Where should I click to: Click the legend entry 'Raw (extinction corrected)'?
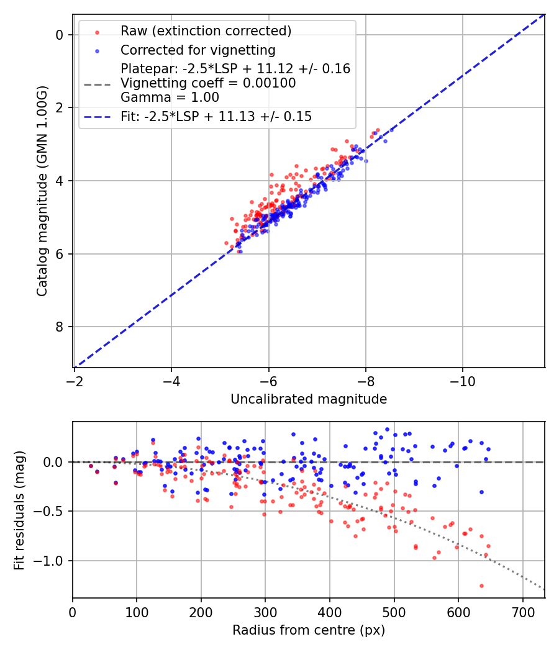[x=206, y=31]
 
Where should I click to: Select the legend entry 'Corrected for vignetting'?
[x=198, y=50]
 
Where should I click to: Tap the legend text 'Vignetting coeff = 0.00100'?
[x=208, y=83]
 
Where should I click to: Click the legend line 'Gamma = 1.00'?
[x=170, y=97]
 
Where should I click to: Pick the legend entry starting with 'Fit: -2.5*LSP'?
[x=216, y=117]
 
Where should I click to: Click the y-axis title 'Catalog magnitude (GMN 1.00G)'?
[x=42, y=190]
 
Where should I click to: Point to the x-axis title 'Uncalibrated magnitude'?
[x=309, y=399]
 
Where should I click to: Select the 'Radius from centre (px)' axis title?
[x=309, y=630]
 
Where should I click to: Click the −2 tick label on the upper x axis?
[x=75, y=379]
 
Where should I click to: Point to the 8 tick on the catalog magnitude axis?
[x=60, y=327]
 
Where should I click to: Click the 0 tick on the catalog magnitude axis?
[x=60, y=35]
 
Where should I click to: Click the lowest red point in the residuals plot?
[x=481, y=586]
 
